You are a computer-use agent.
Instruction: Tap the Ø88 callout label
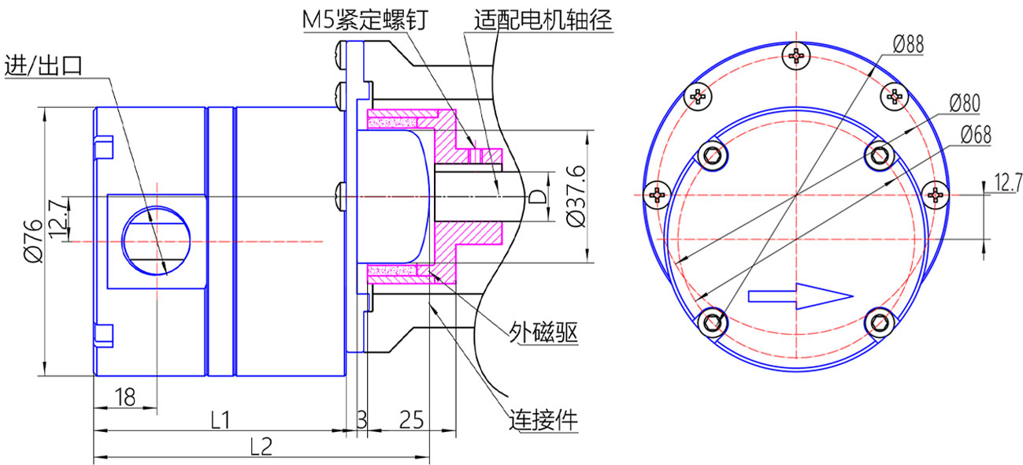(909, 44)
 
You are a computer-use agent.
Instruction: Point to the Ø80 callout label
(964, 103)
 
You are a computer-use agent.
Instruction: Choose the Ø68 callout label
(976, 135)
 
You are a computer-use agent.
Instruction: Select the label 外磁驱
(543, 333)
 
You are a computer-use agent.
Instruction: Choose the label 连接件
(543, 420)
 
